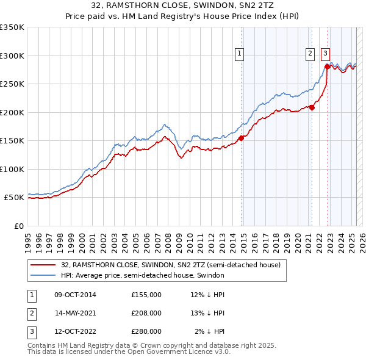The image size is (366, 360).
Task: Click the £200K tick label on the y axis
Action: pos(12,112)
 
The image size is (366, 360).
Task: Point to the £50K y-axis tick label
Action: pos(13,198)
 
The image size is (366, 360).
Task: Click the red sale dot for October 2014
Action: pos(241,138)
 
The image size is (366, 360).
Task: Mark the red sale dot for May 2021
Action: pos(312,107)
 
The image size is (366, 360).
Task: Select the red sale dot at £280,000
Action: pos(327,67)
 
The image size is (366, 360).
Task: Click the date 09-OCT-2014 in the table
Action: pos(76,295)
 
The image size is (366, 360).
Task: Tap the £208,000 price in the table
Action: pos(146,313)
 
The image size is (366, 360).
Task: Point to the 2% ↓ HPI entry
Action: pos(209,331)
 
